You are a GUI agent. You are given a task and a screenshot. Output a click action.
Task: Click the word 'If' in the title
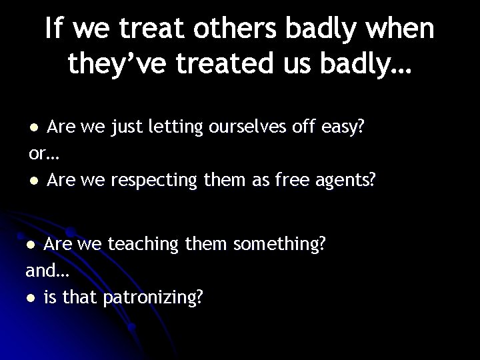click(57, 29)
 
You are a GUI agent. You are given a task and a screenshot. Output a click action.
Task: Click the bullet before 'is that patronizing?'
click(32, 298)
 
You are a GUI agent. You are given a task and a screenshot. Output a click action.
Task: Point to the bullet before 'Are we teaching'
click(32, 245)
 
